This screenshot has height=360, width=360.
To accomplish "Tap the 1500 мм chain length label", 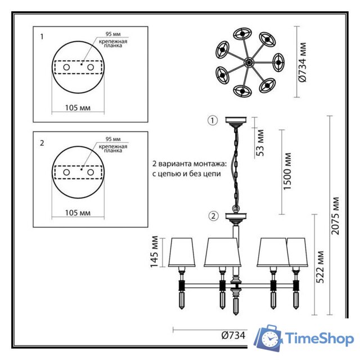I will pos(287,172).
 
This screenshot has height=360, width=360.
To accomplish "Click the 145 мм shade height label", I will pos(155,251).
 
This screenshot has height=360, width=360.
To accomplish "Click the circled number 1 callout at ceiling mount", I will pos(212,120).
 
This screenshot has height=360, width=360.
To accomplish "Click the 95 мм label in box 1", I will pos(112,33).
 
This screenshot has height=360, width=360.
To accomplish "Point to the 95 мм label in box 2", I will pos(112,139).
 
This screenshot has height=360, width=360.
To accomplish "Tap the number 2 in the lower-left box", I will pos(42,143).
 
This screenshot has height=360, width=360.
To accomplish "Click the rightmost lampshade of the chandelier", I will pos(297,252).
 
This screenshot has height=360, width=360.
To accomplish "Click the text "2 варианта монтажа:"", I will pos(189,164).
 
